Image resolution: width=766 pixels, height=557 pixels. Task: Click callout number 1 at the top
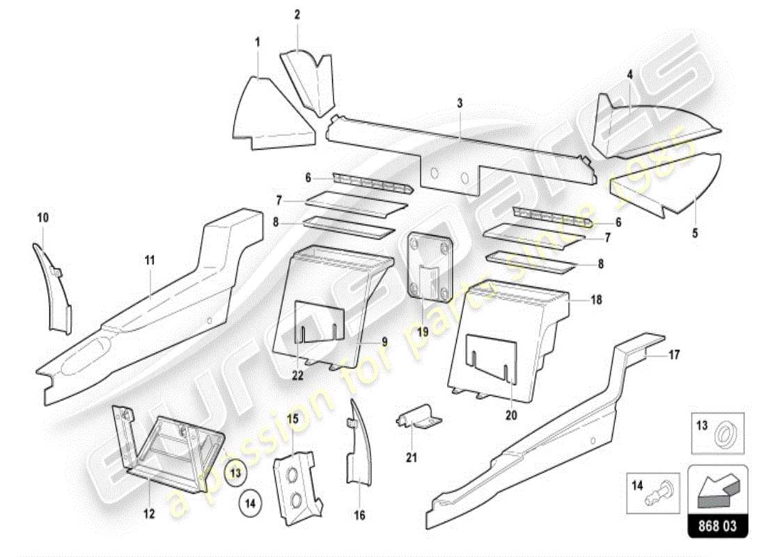[x=257, y=42]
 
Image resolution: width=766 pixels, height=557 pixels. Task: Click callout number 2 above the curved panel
[x=297, y=15]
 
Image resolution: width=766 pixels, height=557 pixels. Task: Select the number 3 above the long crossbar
[x=460, y=103]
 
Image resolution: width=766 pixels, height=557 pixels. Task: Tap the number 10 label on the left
[x=42, y=218]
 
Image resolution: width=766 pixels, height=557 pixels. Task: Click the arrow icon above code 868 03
[x=718, y=485]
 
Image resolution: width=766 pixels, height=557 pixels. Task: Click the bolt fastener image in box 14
[x=664, y=490]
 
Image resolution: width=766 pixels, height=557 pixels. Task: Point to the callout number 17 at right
[x=673, y=354]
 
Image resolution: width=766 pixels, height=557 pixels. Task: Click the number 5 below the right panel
[x=694, y=233]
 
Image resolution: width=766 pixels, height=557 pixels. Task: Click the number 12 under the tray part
[x=150, y=514]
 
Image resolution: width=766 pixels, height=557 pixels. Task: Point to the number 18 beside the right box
[x=596, y=300]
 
